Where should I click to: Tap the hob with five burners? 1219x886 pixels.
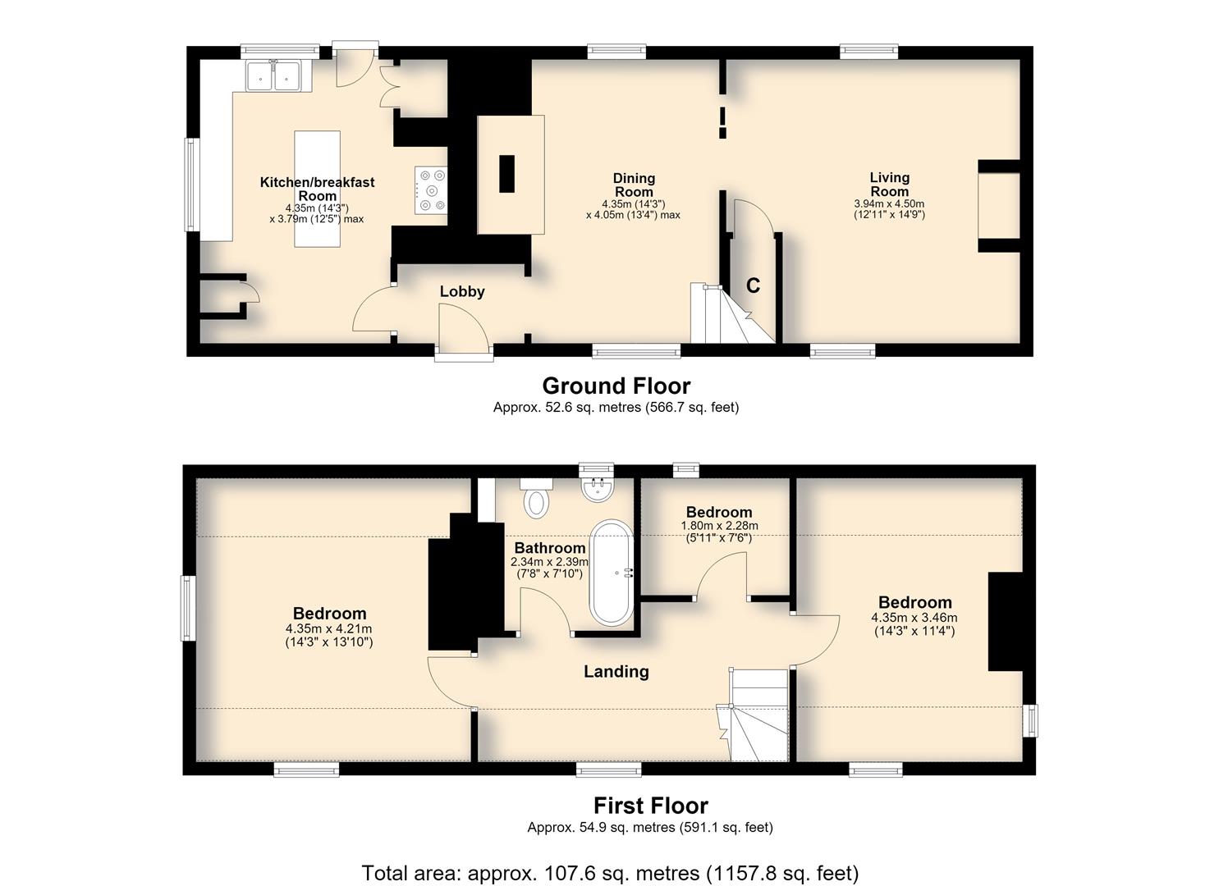[431, 190]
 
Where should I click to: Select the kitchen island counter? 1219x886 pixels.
[317, 189]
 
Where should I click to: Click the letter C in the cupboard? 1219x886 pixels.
[753, 285]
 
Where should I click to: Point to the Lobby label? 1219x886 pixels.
[462, 292]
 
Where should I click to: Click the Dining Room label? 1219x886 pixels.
[634, 185]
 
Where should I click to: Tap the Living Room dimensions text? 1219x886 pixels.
[889, 209]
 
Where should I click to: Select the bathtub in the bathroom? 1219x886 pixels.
[612, 572]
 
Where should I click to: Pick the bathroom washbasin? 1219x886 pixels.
[598, 489]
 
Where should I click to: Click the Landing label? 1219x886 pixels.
[616, 672]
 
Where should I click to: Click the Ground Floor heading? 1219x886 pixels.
[616, 386]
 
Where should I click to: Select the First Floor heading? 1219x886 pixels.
[651, 806]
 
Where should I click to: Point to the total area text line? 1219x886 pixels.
[610, 874]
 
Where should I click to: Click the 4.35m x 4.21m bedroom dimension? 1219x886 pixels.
[329, 636]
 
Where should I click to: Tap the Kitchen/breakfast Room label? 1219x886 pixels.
[317, 189]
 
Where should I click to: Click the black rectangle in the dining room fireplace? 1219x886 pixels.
[506, 173]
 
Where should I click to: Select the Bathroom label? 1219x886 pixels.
[550, 548]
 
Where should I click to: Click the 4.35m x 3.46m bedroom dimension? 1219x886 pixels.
[914, 624]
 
